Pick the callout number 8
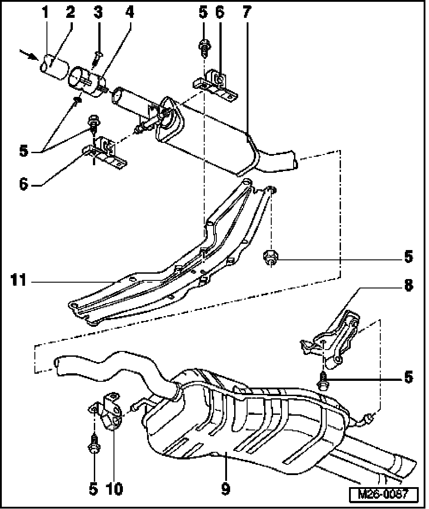pyautogui.click(x=408, y=286)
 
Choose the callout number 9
pyautogui.click(x=226, y=489)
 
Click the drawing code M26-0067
pyautogui.click(x=383, y=495)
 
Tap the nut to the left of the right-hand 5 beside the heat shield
pyautogui.click(x=269, y=258)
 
